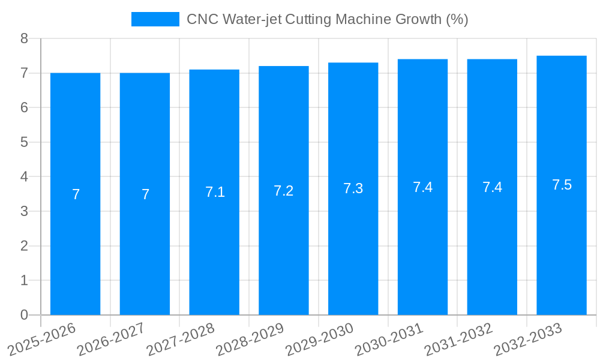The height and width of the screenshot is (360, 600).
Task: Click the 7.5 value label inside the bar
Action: pyautogui.click(x=562, y=185)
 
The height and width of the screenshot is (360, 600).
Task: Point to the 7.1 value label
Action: pyautogui.click(x=215, y=192)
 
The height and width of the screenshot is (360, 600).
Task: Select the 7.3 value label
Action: pyautogui.click(x=353, y=188)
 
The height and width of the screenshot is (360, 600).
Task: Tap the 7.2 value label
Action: pyautogui.click(x=284, y=191)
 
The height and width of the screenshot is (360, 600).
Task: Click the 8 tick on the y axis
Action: pyautogui.click(x=24, y=38)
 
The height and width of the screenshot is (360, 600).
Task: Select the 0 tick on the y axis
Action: pyautogui.click(x=24, y=315)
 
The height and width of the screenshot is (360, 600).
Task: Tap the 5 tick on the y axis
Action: pyautogui.click(x=24, y=142)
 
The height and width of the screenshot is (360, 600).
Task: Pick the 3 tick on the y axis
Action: pyautogui.click(x=24, y=211)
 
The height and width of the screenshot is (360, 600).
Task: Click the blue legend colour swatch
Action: pyautogui.click(x=155, y=19)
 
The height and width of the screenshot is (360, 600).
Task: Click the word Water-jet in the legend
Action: pyautogui.click(x=251, y=19)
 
